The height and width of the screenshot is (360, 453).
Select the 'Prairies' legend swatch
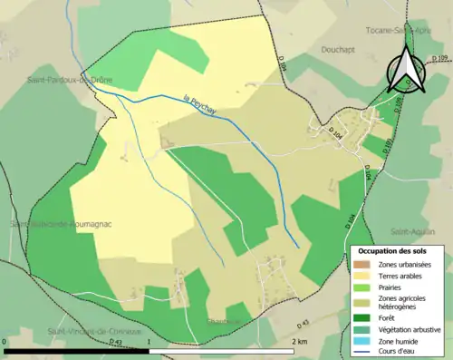362,287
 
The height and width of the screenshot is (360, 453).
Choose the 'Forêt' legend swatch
362,316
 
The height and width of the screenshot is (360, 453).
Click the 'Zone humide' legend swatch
362,340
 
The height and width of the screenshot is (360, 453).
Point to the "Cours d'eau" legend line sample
362,352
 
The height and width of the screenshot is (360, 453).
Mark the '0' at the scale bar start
5,342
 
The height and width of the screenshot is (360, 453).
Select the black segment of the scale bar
77,351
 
